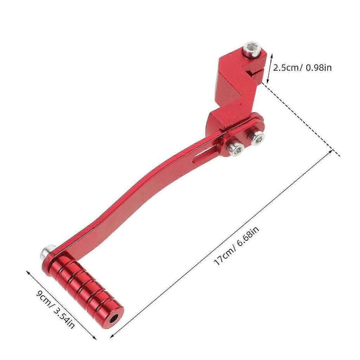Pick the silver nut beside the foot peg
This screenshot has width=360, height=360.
[46, 252]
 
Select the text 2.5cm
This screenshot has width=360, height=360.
[286, 67]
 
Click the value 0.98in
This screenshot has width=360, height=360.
[319, 67]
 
